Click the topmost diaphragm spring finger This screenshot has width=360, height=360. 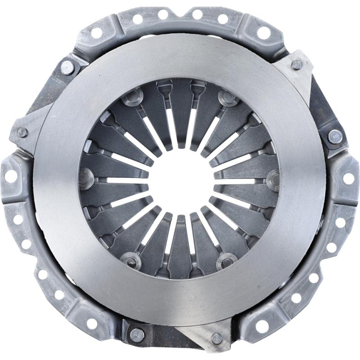[x=180, y=112]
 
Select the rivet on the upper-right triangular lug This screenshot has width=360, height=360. [x=297, y=64]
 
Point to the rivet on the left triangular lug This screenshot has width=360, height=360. [x=22, y=132]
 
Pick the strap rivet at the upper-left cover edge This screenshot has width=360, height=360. [x=67, y=67]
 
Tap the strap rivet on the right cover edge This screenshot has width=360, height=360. [x=335, y=135]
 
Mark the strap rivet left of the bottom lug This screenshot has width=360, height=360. [x=137, y=334]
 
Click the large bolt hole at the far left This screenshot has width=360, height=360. [x=10, y=176]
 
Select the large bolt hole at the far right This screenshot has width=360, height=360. [x=349, y=178]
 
